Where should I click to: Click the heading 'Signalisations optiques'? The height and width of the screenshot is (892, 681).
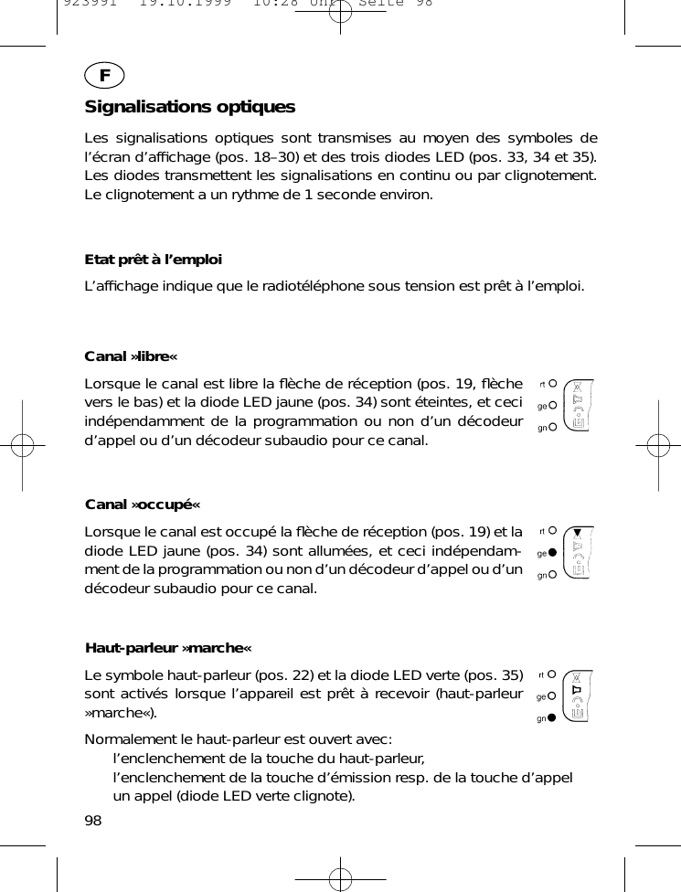point(190,107)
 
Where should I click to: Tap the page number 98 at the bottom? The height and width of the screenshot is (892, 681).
point(93,820)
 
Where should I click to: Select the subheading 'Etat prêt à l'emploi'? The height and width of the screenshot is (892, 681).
point(153,260)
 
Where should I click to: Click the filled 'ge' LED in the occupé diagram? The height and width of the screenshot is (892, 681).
point(553,553)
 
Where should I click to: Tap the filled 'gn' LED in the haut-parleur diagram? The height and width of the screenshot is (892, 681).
point(553,719)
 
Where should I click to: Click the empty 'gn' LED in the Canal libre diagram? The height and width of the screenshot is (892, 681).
point(553,427)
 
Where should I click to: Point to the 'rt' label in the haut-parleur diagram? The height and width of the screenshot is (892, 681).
point(542,675)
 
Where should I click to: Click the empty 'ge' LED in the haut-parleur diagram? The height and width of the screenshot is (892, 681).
point(553,696)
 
